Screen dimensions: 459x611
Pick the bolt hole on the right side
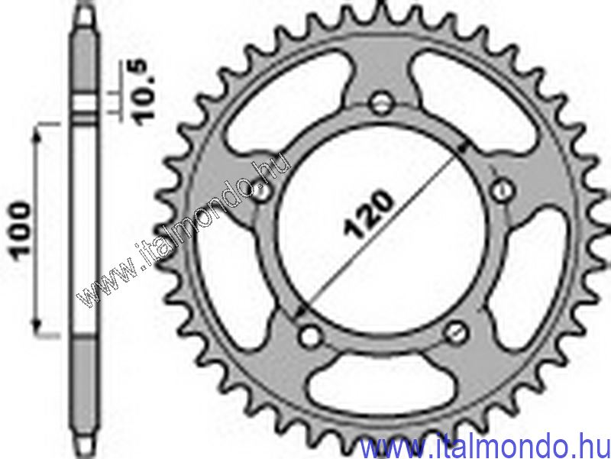pos(502,187)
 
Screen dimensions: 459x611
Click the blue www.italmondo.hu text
pos(484,444)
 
